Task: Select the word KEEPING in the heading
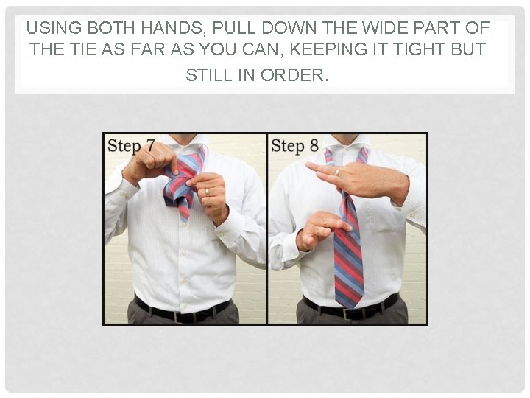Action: click(x=328, y=49)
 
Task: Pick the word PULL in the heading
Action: click(x=234, y=28)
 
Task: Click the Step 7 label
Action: click(x=131, y=146)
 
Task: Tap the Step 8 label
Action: click(x=294, y=146)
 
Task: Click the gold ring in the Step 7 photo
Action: click(x=207, y=192)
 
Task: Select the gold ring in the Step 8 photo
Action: click(x=337, y=172)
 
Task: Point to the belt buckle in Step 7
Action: click(x=177, y=317)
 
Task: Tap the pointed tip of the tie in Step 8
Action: click(x=350, y=308)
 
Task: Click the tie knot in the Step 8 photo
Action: click(x=344, y=195)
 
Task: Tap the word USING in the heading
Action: click(x=54, y=28)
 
